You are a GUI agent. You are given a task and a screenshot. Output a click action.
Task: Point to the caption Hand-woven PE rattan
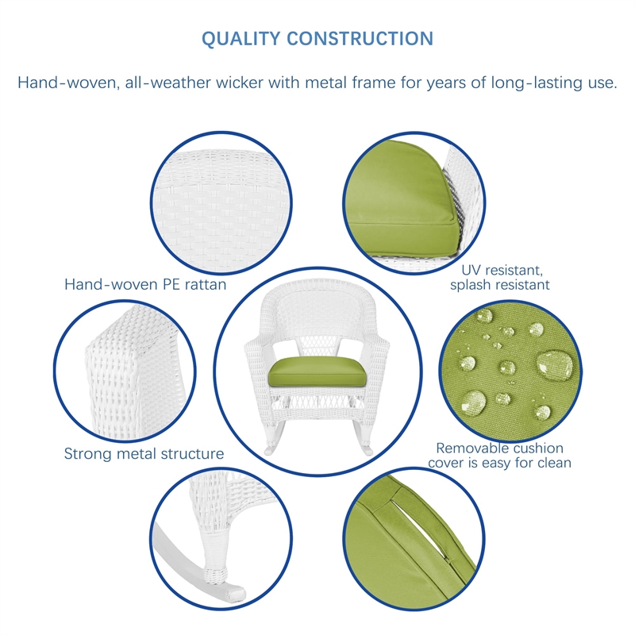click(145, 284)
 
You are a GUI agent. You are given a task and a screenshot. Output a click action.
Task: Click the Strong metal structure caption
click(144, 454)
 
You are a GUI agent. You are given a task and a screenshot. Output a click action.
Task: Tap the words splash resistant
click(499, 284)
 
